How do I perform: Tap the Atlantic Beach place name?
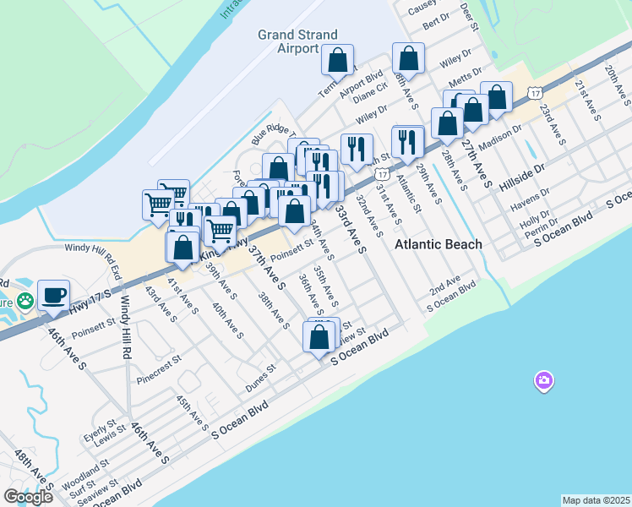pos(439,244)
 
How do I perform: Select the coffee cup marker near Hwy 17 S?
pos(54,296)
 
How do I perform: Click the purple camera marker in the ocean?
pos(544,381)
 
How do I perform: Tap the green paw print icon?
pos(26,300)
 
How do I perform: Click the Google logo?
pos(28,497)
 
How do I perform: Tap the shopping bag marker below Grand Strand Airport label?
pos(337,61)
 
